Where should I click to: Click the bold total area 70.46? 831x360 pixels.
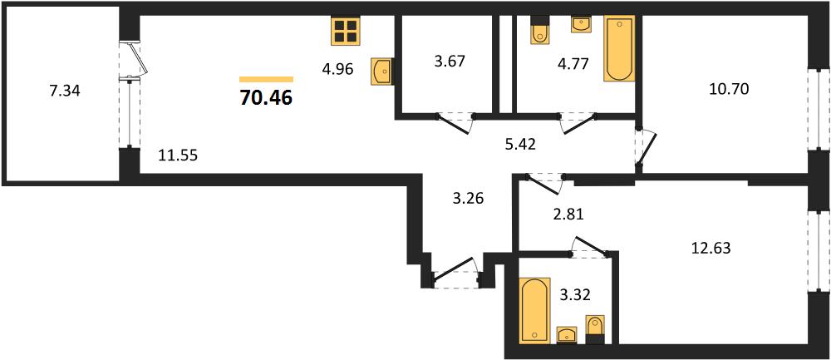[x=266, y=97]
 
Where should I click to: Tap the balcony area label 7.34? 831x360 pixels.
[x=64, y=91]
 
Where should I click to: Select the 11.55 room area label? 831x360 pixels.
[x=178, y=155]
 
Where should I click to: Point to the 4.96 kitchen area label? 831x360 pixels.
[x=337, y=70]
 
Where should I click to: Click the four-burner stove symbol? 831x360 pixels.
[x=345, y=31]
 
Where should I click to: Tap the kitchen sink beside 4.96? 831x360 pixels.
[x=382, y=71]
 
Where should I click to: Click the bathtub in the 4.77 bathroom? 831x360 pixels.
[x=619, y=49]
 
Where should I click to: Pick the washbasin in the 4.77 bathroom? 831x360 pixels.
[x=582, y=25]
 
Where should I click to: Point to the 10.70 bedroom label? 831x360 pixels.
[x=729, y=90]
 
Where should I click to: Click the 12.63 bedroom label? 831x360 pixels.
[x=711, y=248]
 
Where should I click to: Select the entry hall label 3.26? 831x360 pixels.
[x=465, y=200]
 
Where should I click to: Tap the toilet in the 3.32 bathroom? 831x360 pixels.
[x=595, y=325]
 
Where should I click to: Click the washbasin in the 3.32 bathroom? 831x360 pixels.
[x=568, y=335]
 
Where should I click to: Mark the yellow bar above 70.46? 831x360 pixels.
[x=266, y=80]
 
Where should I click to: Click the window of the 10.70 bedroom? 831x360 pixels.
[x=819, y=110]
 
